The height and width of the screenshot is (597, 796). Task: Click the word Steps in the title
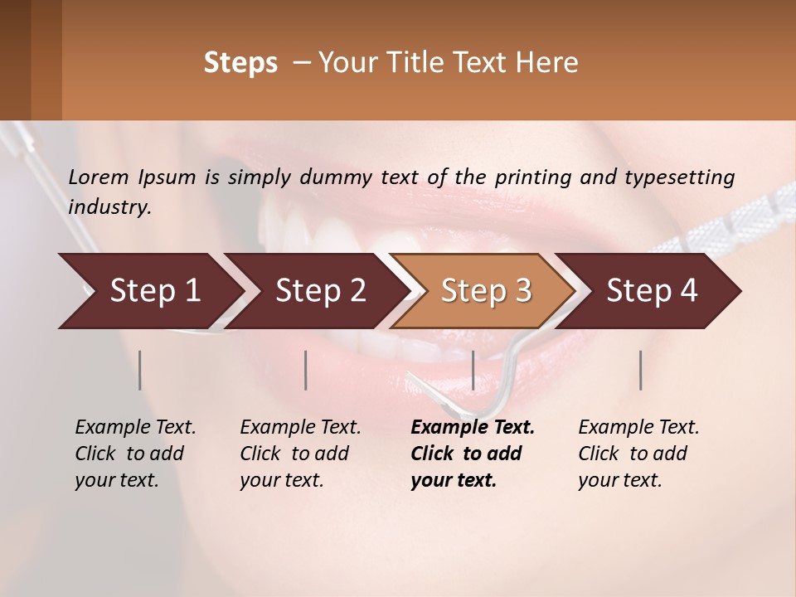click(x=240, y=63)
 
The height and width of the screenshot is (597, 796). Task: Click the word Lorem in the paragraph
click(x=99, y=177)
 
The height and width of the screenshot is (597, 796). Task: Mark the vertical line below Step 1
click(x=140, y=370)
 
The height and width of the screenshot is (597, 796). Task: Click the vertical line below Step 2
click(x=306, y=370)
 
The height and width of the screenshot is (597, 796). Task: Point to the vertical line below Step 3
click(x=473, y=370)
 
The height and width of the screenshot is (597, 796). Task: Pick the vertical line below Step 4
click(x=640, y=370)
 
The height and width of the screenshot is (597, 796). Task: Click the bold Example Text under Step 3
click(x=473, y=427)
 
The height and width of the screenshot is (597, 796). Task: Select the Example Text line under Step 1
click(x=135, y=427)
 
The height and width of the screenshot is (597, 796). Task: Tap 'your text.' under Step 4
click(x=619, y=480)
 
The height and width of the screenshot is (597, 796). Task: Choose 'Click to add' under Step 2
click(x=294, y=454)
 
